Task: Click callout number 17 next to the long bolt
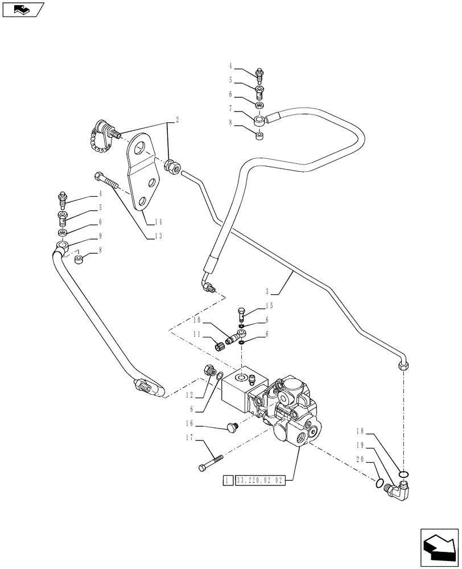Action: pos(188,438)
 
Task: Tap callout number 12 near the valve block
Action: pos(188,394)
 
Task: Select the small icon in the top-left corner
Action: pos(22,9)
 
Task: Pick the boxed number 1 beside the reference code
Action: pos(228,481)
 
